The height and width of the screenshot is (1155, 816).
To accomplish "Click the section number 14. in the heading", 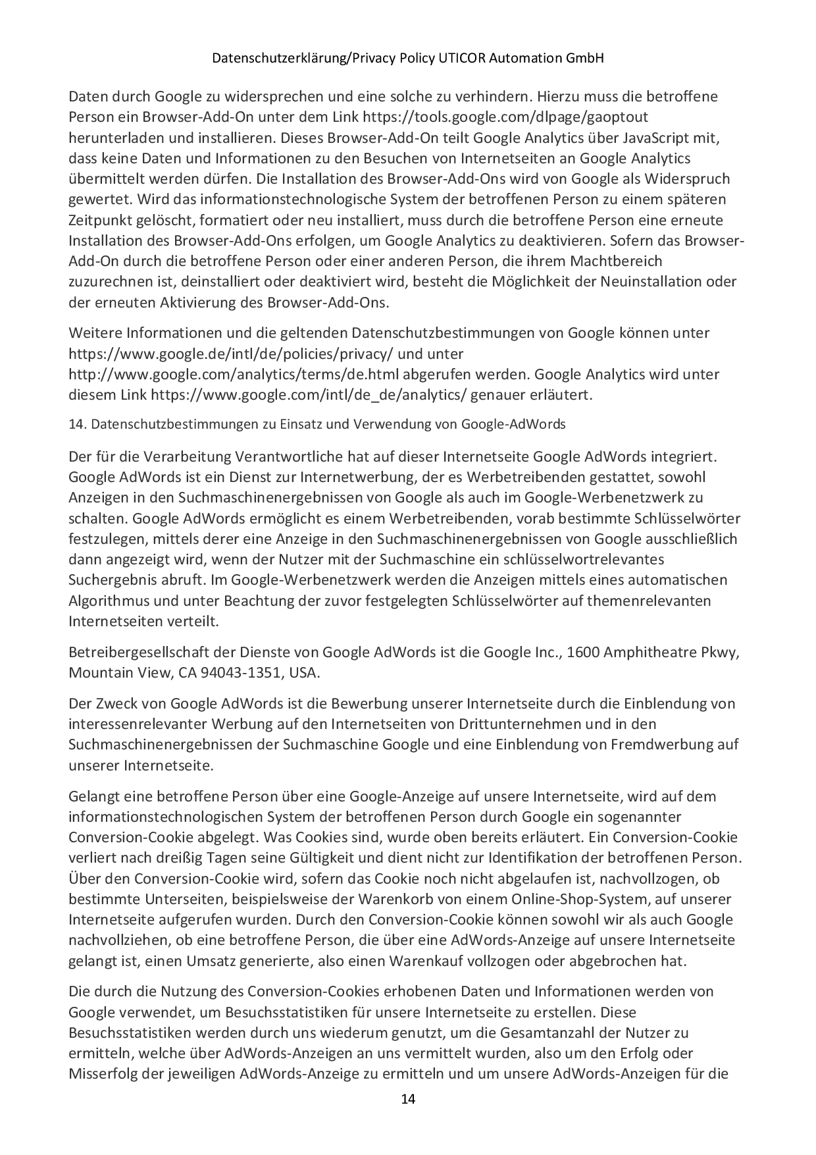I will [78, 425].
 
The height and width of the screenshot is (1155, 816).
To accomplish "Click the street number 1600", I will [583, 653].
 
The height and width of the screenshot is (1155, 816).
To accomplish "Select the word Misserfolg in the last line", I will [104, 1075].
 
